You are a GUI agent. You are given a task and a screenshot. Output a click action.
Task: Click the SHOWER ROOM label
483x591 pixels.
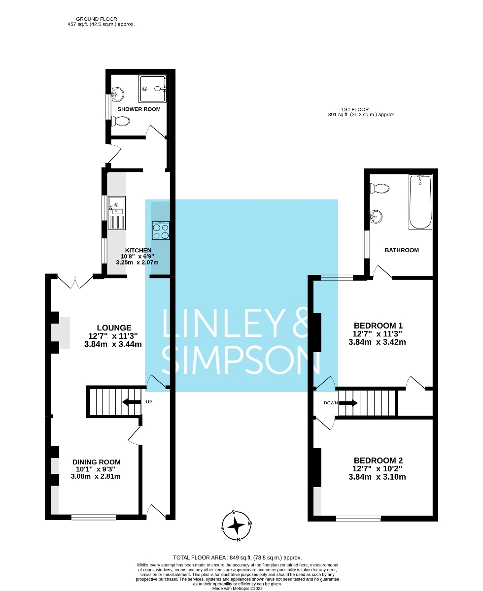138,109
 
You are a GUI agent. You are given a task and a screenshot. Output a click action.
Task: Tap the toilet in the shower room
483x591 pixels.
120,121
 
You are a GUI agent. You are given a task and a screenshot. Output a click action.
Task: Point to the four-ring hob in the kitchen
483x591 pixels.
161,231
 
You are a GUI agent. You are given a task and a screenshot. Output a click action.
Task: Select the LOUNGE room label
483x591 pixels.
114,328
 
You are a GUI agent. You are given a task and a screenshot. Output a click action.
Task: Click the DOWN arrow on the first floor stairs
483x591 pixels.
348,403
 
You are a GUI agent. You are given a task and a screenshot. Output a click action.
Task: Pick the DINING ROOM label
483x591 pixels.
97,462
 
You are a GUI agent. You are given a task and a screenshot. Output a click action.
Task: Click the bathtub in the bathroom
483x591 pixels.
420,202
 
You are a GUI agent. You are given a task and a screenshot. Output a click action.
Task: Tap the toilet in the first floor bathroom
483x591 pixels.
381,188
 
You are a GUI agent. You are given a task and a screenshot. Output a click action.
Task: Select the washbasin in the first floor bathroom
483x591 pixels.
377,215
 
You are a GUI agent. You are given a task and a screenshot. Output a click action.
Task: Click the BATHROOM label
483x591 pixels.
402,250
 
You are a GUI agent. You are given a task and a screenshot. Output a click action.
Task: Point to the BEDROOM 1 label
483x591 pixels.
379,326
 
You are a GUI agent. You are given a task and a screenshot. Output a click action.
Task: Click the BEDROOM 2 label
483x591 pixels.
379,460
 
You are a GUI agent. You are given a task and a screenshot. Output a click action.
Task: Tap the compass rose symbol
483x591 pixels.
237,525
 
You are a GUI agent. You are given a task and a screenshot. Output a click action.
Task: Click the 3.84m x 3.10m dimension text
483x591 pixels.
377,477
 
